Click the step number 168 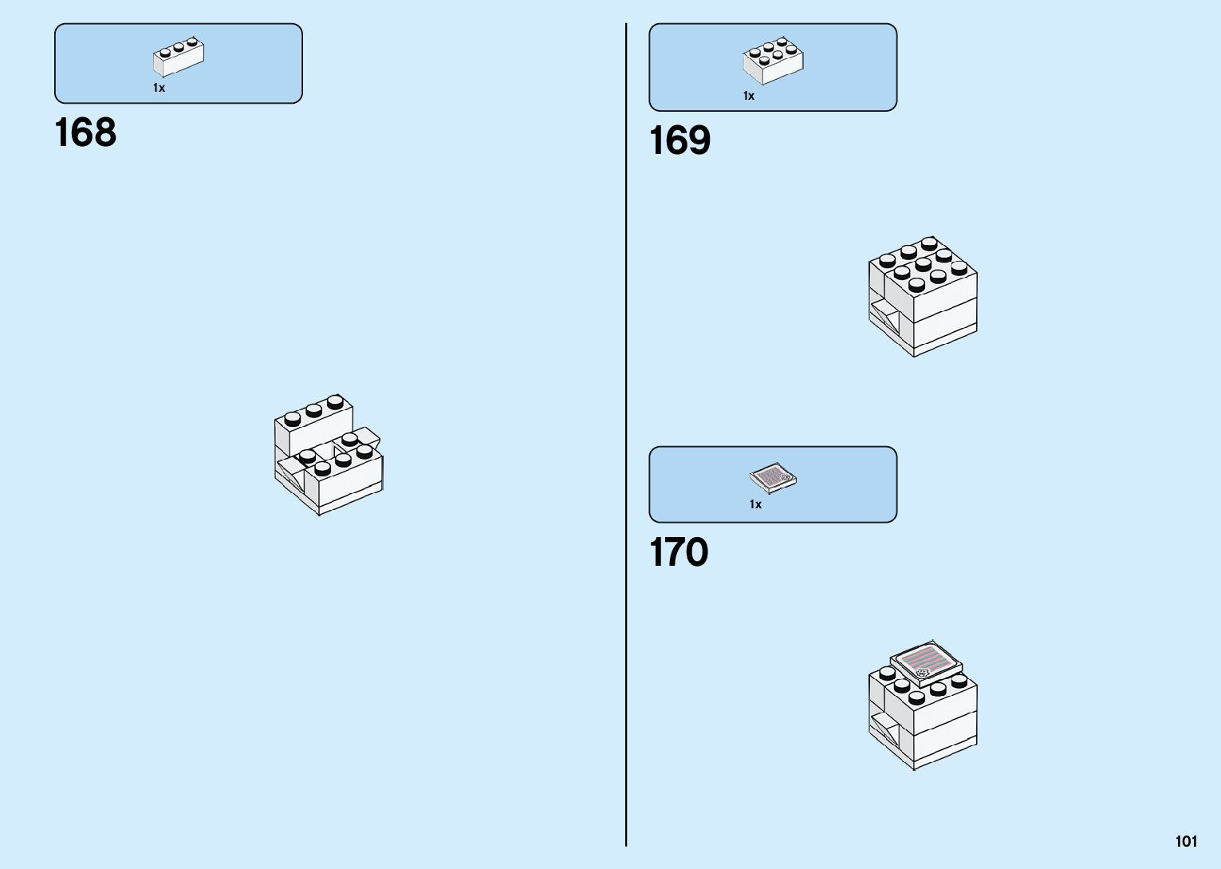[x=85, y=132]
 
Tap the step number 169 [x=679, y=140]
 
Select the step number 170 [x=679, y=552]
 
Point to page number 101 [x=1186, y=841]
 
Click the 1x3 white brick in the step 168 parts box [x=179, y=57]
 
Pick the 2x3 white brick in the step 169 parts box [x=773, y=61]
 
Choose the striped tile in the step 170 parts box [x=773, y=478]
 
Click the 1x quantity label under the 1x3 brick [x=160, y=88]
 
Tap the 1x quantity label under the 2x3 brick [x=749, y=96]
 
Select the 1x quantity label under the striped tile [x=755, y=504]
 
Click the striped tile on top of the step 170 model [x=925, y=662]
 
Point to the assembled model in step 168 [x=328, y=454]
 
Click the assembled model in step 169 [x=923, y=296]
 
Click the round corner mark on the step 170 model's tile [x=923, y=673]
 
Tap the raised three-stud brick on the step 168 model [x=313, y=423]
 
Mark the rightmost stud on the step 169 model [x=959, y=267]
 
